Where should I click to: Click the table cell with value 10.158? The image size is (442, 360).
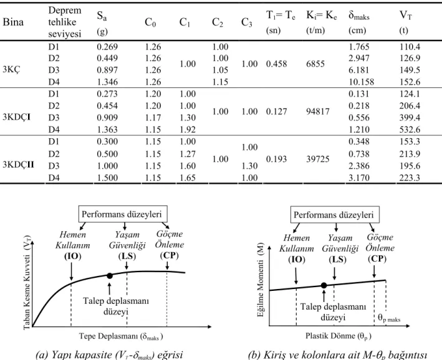coord(361,82)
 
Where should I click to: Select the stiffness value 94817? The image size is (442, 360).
coord(318,111)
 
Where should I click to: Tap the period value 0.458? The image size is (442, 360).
coord(276,64)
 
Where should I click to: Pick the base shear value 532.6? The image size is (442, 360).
coord(410,130)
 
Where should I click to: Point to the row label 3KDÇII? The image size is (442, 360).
coord(18,164)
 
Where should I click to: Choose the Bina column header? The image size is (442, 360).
coord(13,22)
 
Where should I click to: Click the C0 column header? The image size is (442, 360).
coord(150,22)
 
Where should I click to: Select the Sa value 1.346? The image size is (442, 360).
coord(107,82)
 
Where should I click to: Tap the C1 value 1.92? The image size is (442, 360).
coord(188,130)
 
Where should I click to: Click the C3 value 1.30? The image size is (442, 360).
coord(249,166)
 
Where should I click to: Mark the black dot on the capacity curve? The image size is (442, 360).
coord(110,276)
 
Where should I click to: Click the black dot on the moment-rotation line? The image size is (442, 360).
coord(324,285)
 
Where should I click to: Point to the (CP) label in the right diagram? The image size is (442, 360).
coord(377,259)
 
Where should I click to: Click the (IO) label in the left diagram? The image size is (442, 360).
coord(72,256)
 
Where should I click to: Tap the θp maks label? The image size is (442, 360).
coord(389,318)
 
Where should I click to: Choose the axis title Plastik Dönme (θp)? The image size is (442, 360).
coord(339,336)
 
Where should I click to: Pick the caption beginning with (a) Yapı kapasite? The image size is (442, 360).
coord(109,354)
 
